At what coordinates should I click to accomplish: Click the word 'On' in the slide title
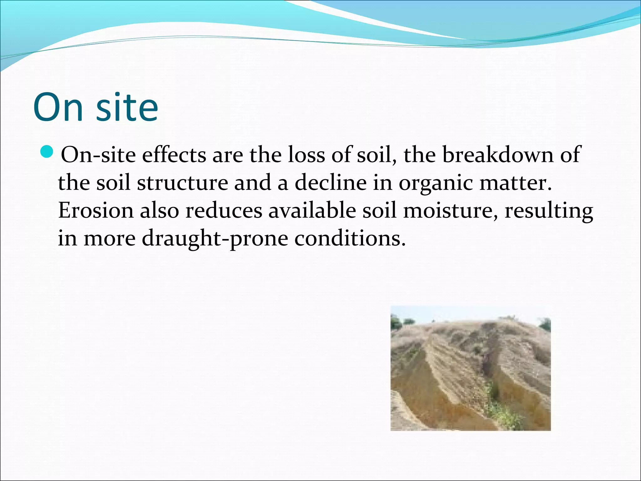click(58, 107)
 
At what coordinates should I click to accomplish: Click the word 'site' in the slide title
click(127, 107)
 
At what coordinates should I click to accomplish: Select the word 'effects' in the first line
click(174, 155)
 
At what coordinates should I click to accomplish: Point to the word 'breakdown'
click(498, 155)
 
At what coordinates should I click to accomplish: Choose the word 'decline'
click(330, 183)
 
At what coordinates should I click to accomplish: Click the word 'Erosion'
click(96, 211)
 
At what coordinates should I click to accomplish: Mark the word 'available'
click(312, 211)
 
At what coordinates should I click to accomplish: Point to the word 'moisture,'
click(450, 211)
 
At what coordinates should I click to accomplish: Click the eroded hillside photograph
click(470, 368)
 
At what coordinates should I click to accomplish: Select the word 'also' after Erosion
click(159, 211)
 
